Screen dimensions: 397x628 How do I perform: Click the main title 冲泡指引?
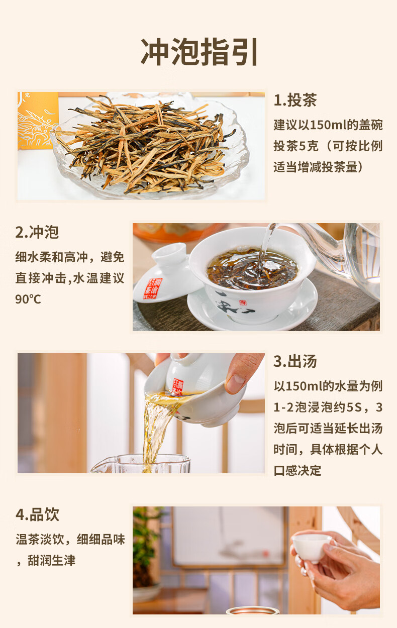[199, 52]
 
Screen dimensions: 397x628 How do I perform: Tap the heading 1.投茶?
[295, 100]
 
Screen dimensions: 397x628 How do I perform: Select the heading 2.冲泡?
[37, 232]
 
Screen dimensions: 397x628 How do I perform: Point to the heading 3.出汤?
[295, 361]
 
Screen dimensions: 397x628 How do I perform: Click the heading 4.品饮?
[37, 514]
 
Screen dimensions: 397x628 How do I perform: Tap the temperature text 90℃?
[28, 299]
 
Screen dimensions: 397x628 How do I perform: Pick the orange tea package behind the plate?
[38, 121]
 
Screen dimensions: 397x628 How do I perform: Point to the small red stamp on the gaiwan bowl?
[242, 303]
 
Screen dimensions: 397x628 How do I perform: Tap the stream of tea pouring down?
[156, 432]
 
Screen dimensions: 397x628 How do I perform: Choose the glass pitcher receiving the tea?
[140, 464]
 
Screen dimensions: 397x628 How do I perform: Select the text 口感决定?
[297, 471]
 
